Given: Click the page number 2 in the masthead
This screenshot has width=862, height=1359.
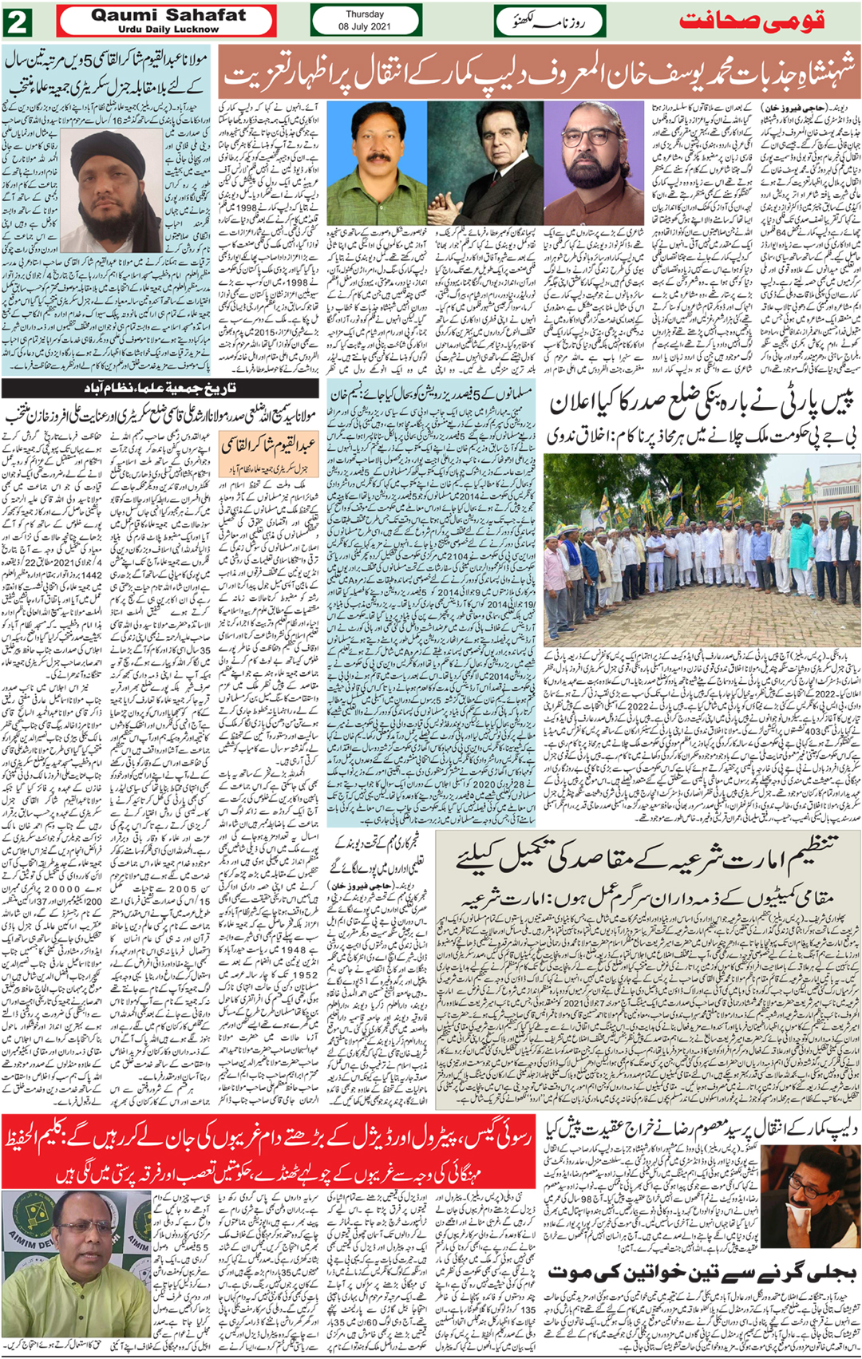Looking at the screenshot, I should pos(17,22).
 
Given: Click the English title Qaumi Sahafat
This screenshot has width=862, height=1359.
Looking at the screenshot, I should pos(168,15).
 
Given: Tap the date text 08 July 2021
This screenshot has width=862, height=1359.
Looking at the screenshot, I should pos(364,26).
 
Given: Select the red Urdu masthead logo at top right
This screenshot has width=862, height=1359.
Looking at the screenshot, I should pos(751,22).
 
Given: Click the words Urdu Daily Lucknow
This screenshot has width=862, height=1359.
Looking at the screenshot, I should pos(168,30).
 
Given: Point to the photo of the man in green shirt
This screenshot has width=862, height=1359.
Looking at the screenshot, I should pos(377,163).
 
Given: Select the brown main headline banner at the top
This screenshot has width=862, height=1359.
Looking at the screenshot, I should pos(539,73).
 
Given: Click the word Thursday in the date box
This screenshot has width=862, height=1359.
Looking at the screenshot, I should pos(364,14).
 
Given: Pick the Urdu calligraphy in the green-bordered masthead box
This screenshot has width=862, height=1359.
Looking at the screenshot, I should pos(550,22).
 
